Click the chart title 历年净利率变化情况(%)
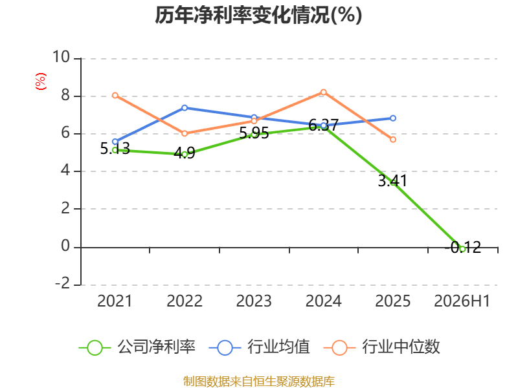(258, 15)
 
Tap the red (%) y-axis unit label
(41, 81)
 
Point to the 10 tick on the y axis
(61, 57)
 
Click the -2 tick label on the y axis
(62, 283)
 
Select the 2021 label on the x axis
(115, 301)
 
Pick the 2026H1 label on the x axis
(462, 301)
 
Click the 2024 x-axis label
(323, 301)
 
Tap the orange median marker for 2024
(323, 92)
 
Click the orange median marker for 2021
(115, 95)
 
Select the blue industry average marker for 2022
(185, 108)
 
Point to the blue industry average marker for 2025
(393, 118)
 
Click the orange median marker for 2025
(393, 140)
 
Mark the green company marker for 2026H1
(462, 249)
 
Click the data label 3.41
(392, 181)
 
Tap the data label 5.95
(254, 133)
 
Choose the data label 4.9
(185, 153)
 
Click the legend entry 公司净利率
(137, 347)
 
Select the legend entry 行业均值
(260, 347)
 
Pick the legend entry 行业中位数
(381, 347)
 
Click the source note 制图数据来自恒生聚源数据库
(258, 382)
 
